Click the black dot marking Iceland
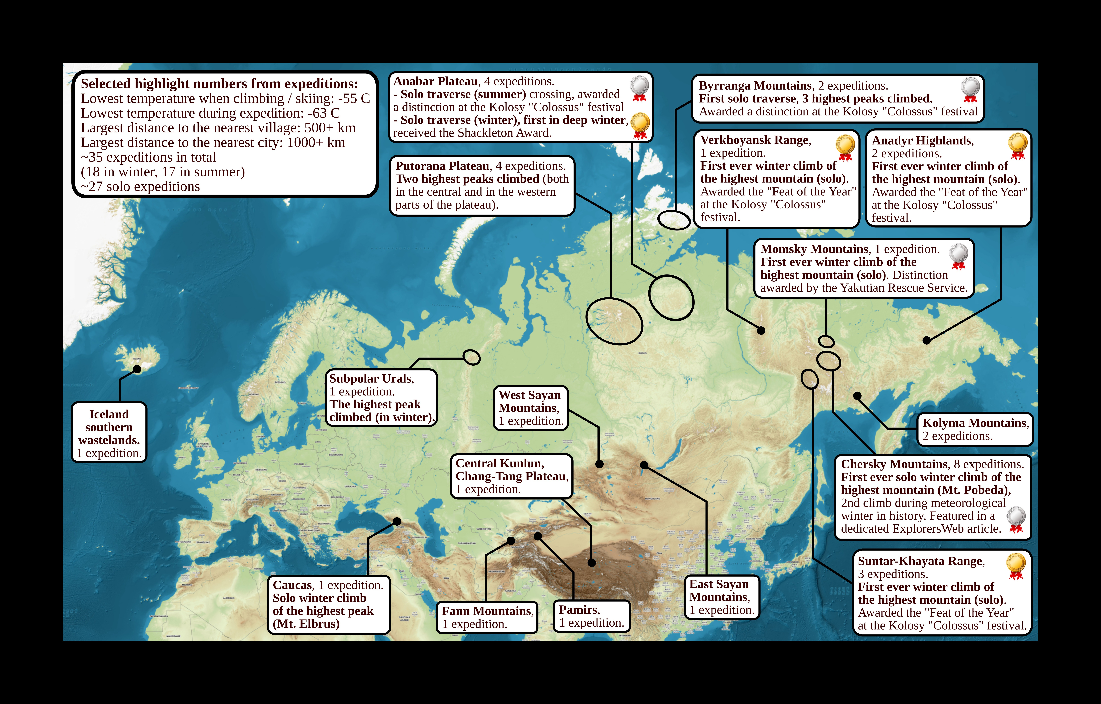coord(137,369)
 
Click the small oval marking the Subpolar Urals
coord(471,357)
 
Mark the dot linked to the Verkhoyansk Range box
coord(761,330)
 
